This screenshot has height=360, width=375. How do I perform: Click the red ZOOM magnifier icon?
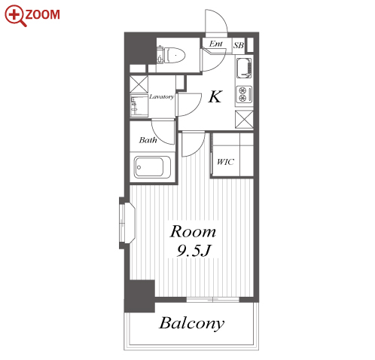[14, 15]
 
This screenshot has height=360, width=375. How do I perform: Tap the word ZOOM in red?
[43, 14]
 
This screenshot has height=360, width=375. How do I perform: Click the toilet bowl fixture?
[175, 55]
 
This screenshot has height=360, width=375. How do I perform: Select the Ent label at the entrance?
[216, 44]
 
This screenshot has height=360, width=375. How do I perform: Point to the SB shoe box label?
[239, 45]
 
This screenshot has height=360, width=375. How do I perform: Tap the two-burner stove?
[244, 94]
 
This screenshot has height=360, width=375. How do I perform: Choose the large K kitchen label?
[215, 96]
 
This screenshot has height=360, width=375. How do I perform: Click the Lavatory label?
[162, 96]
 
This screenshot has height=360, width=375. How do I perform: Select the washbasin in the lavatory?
[139, 105]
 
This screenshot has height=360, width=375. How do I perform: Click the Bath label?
[148, 140]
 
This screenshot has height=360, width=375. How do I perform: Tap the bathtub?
[152, 167]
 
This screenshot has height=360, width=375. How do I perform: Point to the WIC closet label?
[225, 162]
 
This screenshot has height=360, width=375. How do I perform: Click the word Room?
[193, 232]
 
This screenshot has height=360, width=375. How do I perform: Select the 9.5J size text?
[194, 250]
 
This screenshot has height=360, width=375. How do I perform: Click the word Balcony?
[192, 323]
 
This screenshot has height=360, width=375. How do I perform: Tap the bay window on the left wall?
[127, 223]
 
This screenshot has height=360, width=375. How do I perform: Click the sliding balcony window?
[213, 300]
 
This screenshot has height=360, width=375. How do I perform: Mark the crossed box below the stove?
[244, 119]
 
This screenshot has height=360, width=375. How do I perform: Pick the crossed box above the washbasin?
[139, 84]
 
